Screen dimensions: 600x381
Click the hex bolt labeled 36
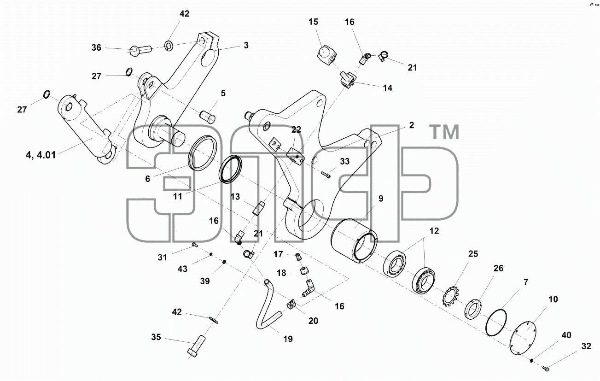(x=140, y=50)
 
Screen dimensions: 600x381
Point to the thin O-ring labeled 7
(x=496, y=322)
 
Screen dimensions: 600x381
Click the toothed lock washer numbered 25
(x=450, y=296)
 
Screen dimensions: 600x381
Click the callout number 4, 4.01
(x=41, y=155)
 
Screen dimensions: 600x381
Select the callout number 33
(x=345, y=161)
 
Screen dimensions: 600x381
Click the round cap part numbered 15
(x=326, y=55)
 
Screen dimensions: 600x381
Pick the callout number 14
(x=387, y=88)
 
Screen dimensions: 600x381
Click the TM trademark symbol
(x=444, y=132)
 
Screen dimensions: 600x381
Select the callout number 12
(x=434, y=231)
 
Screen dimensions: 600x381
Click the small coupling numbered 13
(x=258, y=208)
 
